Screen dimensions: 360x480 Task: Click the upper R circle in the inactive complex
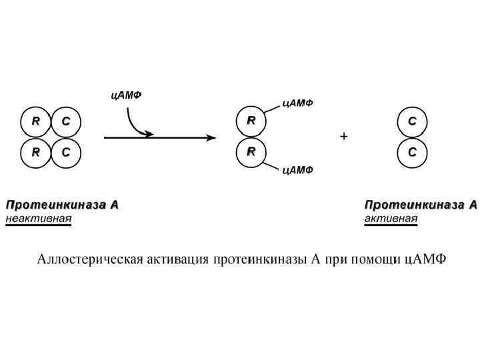36,121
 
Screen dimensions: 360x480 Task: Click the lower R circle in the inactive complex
36,152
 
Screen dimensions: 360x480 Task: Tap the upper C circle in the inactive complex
66,121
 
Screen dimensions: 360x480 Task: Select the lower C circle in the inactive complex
66,152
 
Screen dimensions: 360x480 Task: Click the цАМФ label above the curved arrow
127,95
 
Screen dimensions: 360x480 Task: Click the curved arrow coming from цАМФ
133,123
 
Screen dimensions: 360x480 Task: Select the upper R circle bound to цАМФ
251,121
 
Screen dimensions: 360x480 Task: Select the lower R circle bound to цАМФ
251,152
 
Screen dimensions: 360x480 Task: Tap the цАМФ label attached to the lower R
298,171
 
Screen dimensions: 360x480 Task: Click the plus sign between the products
344,137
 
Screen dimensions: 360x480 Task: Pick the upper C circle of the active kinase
412,121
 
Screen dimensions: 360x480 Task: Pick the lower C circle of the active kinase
412,152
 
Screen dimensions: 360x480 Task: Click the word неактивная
38,218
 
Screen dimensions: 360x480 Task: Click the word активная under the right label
391,218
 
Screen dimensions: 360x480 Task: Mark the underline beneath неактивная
38,225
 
